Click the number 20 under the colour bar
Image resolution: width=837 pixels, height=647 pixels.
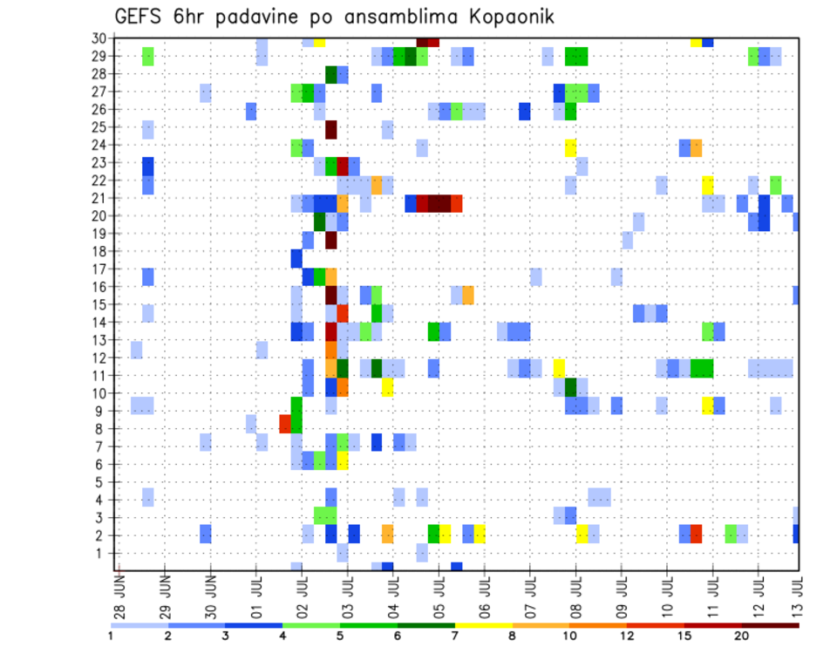coord(741,636)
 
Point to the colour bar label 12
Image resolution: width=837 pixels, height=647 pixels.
coord(626,636)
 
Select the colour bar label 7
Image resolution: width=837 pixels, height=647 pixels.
coord(455,636)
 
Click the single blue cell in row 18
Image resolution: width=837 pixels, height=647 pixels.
coord(296,258)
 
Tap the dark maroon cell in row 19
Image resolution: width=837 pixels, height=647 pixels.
coord(331,240)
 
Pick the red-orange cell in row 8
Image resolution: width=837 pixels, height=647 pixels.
coord(284,424)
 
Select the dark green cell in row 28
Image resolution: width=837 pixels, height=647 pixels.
coord(331,74)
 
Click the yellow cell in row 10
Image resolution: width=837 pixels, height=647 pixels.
coord(387,387)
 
